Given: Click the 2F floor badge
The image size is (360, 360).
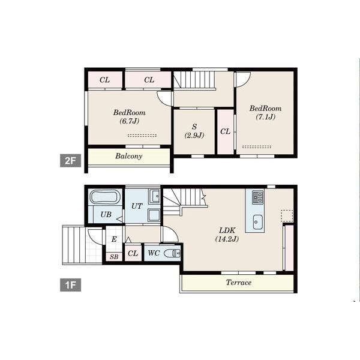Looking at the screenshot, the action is (70, 160).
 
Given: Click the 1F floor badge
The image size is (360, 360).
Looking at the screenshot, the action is (70, 285).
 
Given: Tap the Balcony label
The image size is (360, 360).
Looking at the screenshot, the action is (129, 156).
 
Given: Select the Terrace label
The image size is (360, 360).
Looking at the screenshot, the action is (239, 282).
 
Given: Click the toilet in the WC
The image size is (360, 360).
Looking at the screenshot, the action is (172, 253).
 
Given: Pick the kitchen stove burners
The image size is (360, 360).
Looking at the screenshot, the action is (258, 197).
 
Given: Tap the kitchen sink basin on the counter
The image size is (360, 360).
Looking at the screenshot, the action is (258, 222).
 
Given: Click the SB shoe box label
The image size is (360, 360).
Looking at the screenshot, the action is (114, 257).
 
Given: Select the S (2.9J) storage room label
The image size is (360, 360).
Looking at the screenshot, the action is (194, 131).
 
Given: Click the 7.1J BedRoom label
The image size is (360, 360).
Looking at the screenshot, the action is (266, 113).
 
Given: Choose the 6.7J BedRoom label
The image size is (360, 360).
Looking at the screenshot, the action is (129, 116).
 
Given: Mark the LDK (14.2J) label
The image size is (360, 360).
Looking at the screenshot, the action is (227, 235).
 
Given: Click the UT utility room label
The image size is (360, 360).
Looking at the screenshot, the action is (137, 206).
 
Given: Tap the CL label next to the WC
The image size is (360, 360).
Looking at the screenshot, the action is (133, 253).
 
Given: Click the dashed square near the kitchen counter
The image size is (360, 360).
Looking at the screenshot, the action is (287, 216).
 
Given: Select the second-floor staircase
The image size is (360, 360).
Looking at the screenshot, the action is (194, 79).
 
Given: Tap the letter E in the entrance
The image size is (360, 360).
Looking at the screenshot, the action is (114, 239).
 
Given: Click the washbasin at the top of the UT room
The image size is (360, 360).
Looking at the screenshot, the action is (154, 197).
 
